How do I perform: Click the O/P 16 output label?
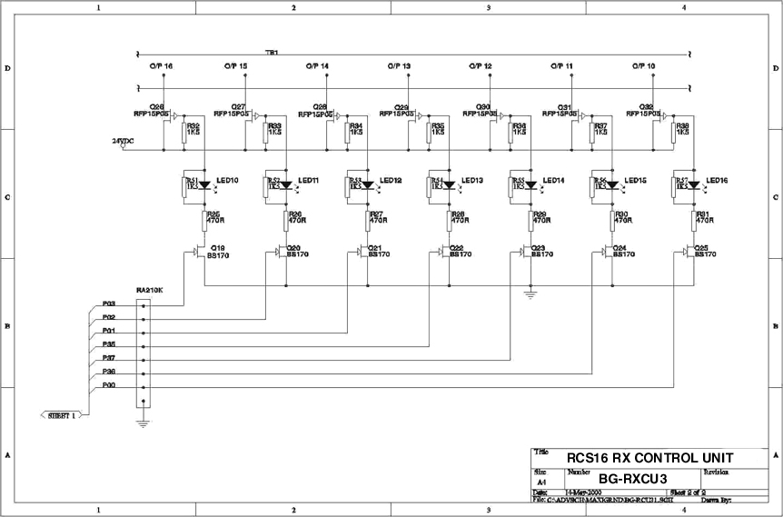[x=162, y=66]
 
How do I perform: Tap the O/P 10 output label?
[x=644, y=66]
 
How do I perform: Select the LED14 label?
[x=554, y=181]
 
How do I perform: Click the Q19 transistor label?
[x=218, y=247]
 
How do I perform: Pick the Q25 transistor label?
[x=701, y=247]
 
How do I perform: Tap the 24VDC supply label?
[x=122, y=141]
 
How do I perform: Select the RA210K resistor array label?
[x=149, y=290]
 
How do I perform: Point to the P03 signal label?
[x=108, y=303]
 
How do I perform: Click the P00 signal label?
[x=108, y=385]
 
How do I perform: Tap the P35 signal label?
[x=108, y=344]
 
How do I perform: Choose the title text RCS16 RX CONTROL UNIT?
[x=649, y=457]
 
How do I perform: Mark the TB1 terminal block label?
[x=272, y=53]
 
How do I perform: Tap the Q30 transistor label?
[x=483, y=107]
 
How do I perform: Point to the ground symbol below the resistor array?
[x=143, y=421]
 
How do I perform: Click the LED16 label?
[x=717, y=181]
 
